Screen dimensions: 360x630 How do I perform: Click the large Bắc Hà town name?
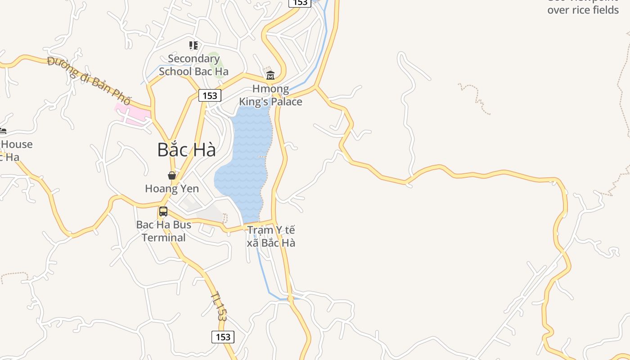coord(186,150)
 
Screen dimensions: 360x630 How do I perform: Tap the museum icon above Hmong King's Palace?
coord(270,75)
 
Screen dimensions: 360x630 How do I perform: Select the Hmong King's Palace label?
coord(270,95)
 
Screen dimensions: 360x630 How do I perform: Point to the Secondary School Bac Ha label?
coord(193,65)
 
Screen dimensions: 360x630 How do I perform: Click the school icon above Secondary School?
coord(193,45)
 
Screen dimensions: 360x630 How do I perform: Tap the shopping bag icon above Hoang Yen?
coord(171,175)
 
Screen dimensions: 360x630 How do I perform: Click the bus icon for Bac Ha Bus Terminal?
coord(163,211)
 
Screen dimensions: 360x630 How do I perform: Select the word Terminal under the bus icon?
coord(164,238)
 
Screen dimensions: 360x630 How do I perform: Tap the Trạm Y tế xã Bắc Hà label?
coord(271,236)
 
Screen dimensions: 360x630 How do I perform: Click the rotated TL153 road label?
coord(218,306)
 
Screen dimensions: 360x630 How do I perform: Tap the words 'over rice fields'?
coord(583,10)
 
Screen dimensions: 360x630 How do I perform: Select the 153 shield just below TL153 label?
coord(223,337)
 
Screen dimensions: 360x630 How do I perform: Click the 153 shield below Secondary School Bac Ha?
coord(210,95)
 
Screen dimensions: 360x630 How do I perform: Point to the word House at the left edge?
coord(17,144)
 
